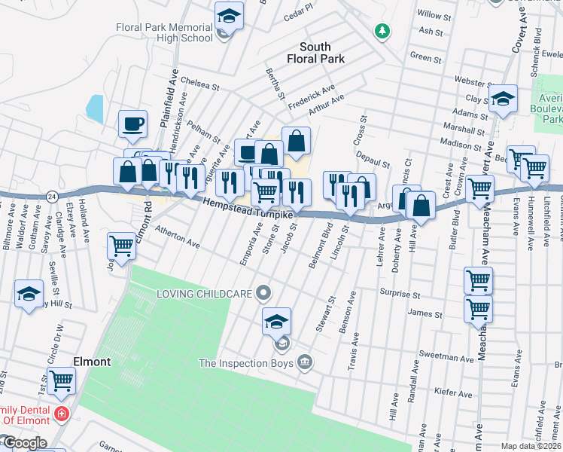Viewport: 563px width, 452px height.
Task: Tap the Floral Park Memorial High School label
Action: (x=164, y=32)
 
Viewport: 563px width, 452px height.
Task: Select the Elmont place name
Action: (x=92, y=362)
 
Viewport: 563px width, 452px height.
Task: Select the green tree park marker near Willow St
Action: (x=383, y=31)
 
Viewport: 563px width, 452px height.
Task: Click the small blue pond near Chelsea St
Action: (x=95, y=108)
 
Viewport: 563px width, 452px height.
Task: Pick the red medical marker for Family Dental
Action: (x=59, y=414)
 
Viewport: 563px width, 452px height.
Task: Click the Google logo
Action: (x=24, y=443)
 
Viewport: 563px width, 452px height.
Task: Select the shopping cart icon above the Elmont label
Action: (x=61, y=380)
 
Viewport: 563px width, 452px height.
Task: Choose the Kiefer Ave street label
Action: (x=454, y=393)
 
